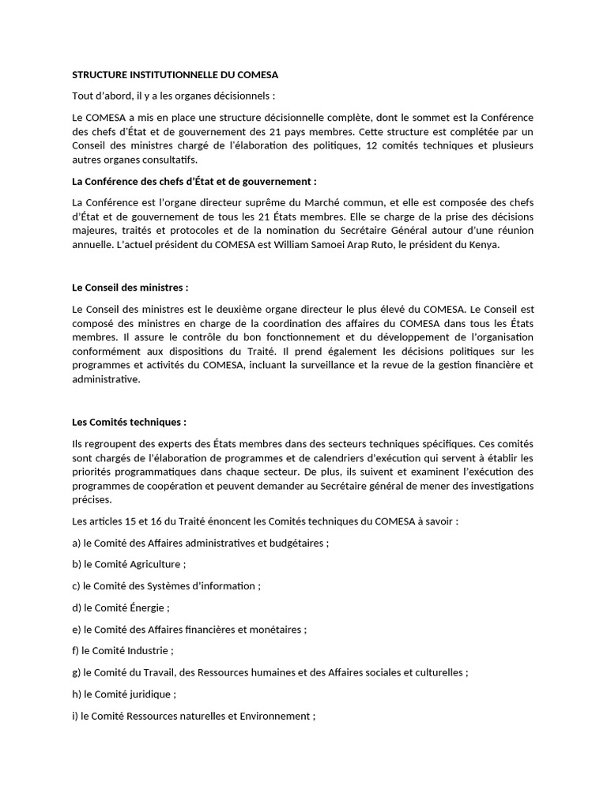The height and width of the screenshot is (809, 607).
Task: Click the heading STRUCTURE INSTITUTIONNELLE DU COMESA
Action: click(x=175, y=75)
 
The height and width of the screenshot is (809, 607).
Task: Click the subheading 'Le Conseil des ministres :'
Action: click(x=130, y=286)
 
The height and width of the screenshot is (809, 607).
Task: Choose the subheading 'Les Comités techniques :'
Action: click(x=129, y=423)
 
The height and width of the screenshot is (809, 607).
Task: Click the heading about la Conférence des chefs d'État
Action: click(x=194, y=181)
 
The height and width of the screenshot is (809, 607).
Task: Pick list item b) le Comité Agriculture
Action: click(x=129, y=565)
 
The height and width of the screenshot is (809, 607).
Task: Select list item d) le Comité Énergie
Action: click(x=121, y=608)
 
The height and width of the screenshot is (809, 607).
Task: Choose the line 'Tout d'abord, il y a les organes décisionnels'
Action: click(x=173, y=96)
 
